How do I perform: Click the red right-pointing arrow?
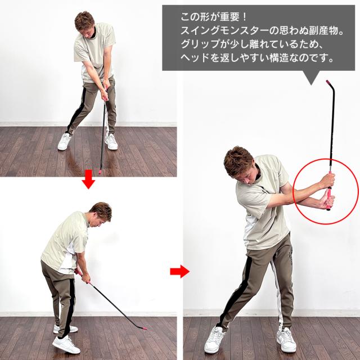coord(179,272)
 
